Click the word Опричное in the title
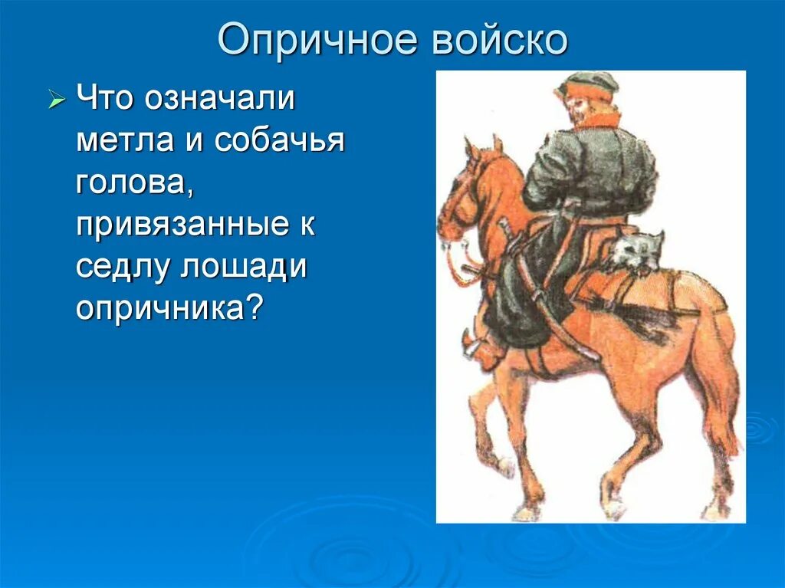tap(317, 39)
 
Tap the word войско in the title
tap(500, 39)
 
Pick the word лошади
tap(243, 267)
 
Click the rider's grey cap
tap(590, 83)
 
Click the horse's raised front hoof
tap(504, 467)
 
